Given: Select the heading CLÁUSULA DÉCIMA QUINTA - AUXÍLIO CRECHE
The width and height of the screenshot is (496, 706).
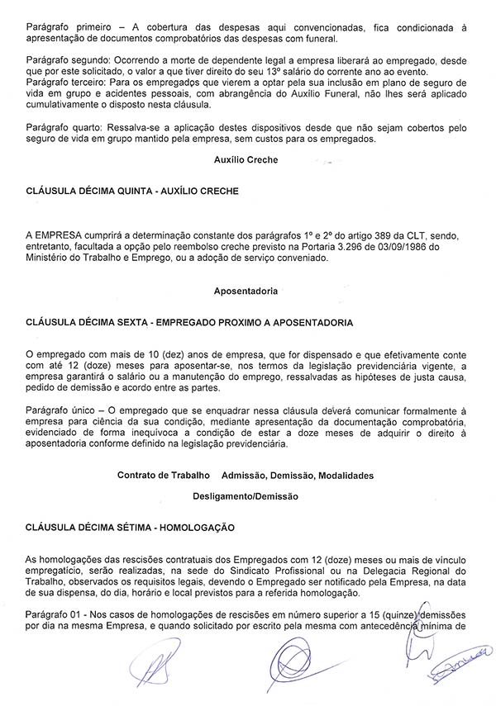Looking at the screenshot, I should pyautogui.click(x=132, y=191).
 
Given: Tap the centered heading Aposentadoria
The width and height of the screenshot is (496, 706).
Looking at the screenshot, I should pyautogui.click(x=246, y=291).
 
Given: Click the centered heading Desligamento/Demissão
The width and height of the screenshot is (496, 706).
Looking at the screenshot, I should pyautogui.click(x=246, y=496).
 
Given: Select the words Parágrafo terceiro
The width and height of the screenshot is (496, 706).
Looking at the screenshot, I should pyautogui.click(x=67, y=84).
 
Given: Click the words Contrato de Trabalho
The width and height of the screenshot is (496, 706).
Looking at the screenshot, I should pyautogui.click(x=165, y=476).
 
